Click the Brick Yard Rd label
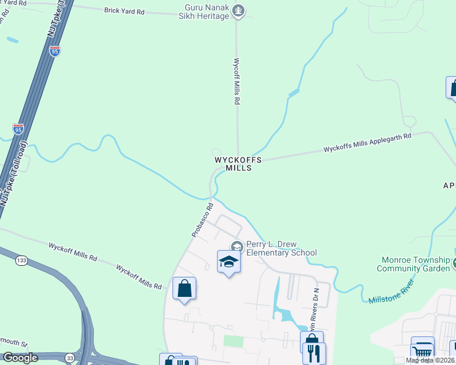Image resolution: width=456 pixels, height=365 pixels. pos(124,11)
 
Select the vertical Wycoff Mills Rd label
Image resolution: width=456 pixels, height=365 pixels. pos(237,82)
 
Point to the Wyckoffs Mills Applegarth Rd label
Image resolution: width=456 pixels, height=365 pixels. pos(367,144)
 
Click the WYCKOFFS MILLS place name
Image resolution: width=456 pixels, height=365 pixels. pos(238,164)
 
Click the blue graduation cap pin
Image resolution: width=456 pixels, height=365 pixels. pos(229,262)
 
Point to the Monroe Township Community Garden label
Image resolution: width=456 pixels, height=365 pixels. pos(413,264)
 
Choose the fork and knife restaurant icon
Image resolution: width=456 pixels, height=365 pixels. pos(314,353)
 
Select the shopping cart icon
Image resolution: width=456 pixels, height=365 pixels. pos(422,350)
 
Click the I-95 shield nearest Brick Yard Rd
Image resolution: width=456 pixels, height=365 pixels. pos(55,51)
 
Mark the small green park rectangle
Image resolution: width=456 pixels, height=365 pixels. pos(233,340)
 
